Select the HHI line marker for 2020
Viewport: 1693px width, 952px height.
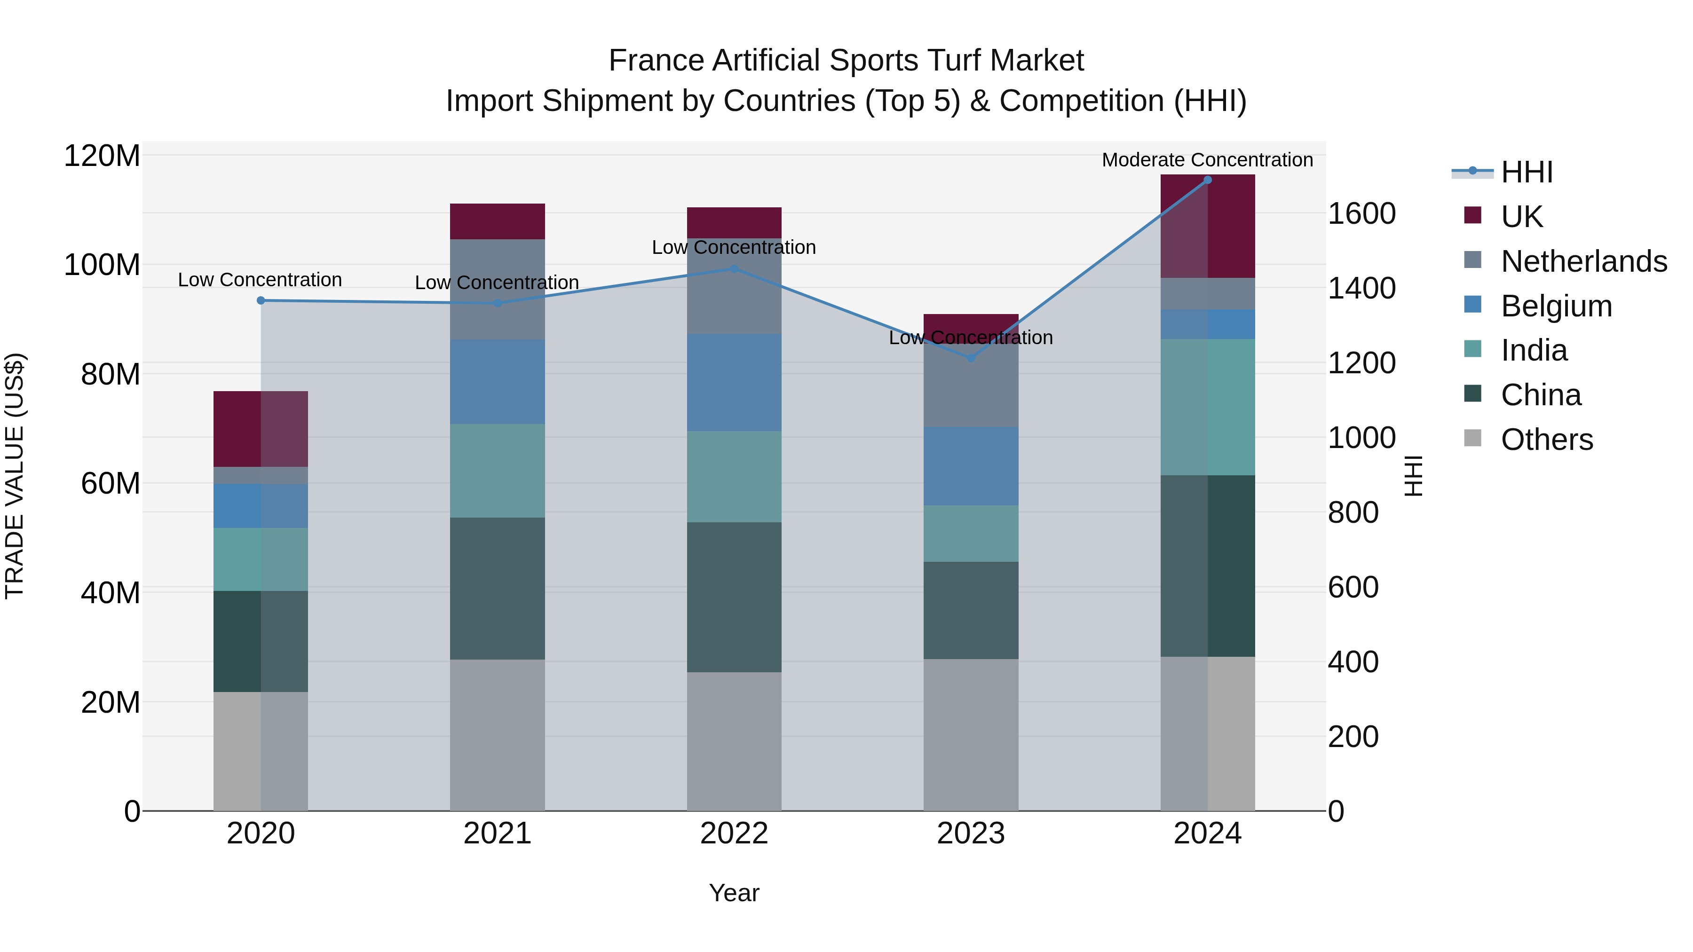coord(261,300)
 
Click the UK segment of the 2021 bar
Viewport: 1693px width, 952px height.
coord(498,221)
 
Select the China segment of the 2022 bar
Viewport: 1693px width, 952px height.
coord(734,597)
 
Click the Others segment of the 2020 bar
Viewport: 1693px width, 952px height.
coord(261,751)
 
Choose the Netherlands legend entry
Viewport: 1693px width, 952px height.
coord(1583,261)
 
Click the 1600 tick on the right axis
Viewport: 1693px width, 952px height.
coord(1362,213)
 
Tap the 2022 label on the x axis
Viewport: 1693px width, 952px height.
coord(734,834)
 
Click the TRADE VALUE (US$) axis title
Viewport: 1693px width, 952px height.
coord(15,476)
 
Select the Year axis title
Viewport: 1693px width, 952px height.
coord(734,893)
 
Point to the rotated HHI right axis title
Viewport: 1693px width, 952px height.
coord(1413,476)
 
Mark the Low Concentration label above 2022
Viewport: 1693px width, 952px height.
coord(734,248)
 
